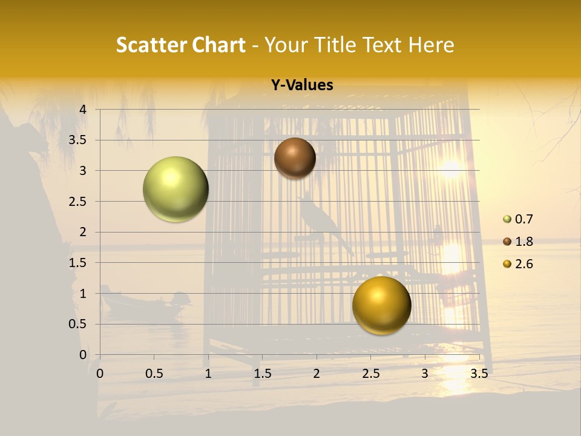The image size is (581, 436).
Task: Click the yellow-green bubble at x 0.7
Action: coord(176,189)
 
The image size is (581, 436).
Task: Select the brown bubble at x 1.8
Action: coord(295,158)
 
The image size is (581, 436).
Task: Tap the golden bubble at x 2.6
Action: coord(381,305)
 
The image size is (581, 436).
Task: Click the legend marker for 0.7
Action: coord(507,219)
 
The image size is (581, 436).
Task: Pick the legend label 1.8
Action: coord(524,242)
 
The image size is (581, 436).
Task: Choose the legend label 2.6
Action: coord(524,264)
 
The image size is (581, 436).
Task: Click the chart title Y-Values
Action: coord(301,85)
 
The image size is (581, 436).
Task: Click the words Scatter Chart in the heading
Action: coord(181,45)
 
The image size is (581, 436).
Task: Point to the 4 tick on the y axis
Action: coord(83,110)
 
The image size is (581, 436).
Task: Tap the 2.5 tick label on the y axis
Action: coord(78,202)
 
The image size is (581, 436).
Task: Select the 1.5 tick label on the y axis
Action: coord(78,263)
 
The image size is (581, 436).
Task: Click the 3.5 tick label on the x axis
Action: coord(479,374)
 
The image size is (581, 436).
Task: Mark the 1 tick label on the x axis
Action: coord(208,374)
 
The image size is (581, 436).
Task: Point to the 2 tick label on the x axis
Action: coord(317,374)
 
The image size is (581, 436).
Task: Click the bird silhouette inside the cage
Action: coord(321,221)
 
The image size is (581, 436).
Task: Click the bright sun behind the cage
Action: coord(450,169)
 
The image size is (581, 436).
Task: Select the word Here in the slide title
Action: coord(431,45)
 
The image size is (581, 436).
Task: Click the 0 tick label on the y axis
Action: coord(83,355)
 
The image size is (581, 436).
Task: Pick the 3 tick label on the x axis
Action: coord(425,374)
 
